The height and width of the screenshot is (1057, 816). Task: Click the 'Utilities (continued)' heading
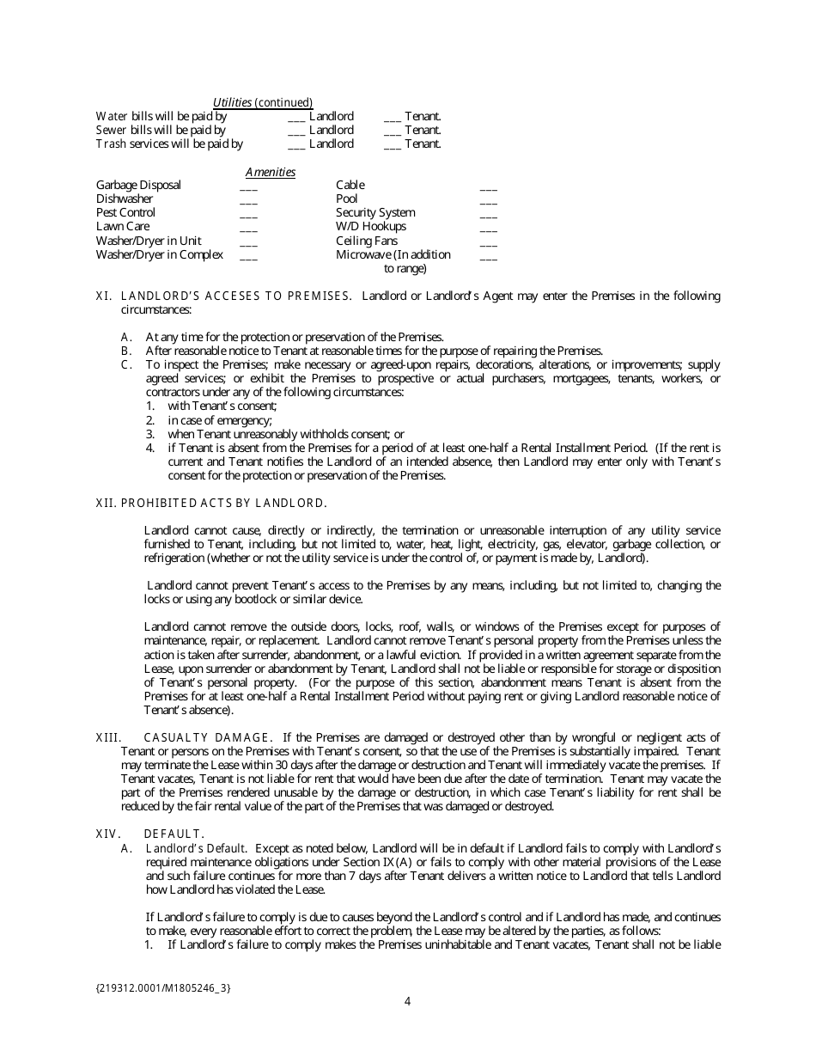pyautogui.click(x=263, y=102)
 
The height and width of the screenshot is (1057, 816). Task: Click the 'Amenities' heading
pyautogui.click(x=271, y=173)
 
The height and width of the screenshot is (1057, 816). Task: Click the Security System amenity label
pyautogui.click(x=375, y=213)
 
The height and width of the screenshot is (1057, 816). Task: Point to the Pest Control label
pyautogui.click(x=125, y=213)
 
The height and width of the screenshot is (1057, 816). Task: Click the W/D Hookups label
pyautogui.click(x=370, y=227)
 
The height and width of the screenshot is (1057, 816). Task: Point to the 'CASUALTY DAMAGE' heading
pyautogui.click(x=209, y=737)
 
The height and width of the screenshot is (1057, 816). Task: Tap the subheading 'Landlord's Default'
pyautogui.click(x=197, y=848)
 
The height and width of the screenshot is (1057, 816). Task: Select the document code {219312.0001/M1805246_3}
pyautogui.click(x=163, y=987)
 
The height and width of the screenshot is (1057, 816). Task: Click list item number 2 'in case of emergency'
pyautogui.click(x=220, y=420)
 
